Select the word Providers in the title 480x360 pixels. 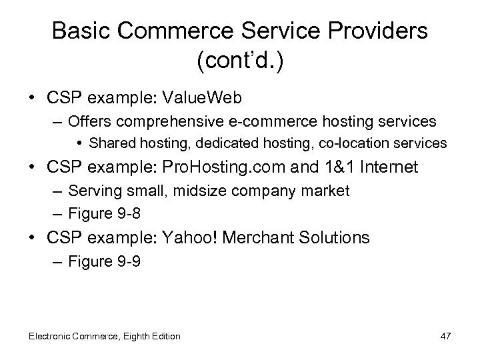[x=377, y=31]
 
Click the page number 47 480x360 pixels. [x=445, y=336]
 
